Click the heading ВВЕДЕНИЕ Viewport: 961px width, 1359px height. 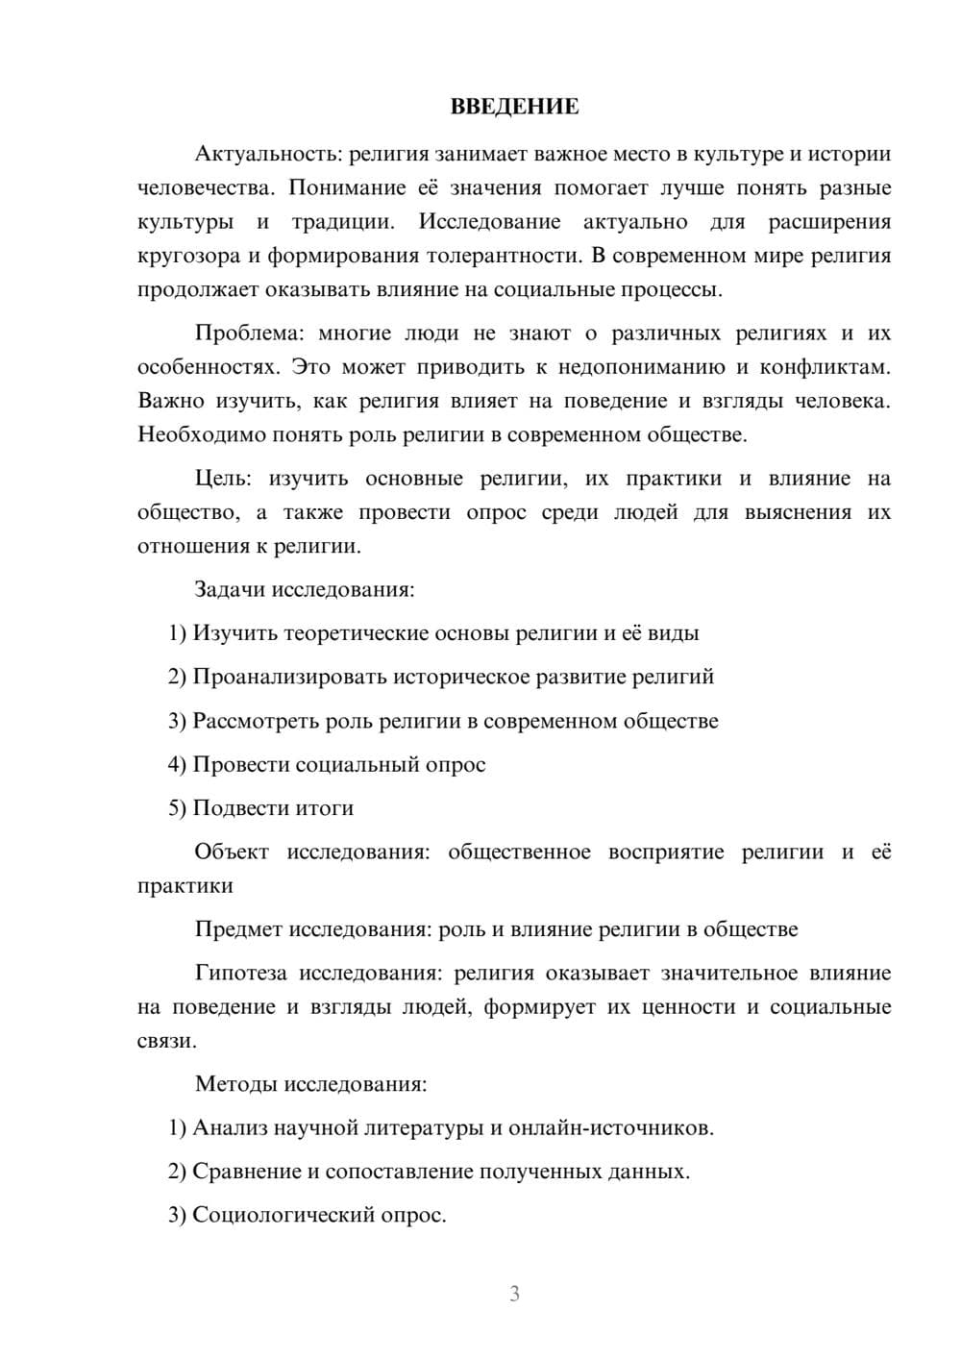coord(514,107)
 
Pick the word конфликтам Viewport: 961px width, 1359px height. coord(825,367)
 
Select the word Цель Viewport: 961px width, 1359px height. coord(222,479)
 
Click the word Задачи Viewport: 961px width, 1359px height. coord(230,589)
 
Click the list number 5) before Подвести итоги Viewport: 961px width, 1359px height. coord(177,808)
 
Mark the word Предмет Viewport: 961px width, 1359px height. coord(238,929)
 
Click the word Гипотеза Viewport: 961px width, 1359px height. coord(240,974)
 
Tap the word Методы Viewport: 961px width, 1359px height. coord(235,1084)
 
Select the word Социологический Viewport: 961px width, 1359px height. coord(285,1216)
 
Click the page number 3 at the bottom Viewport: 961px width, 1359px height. coord(514,1294)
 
